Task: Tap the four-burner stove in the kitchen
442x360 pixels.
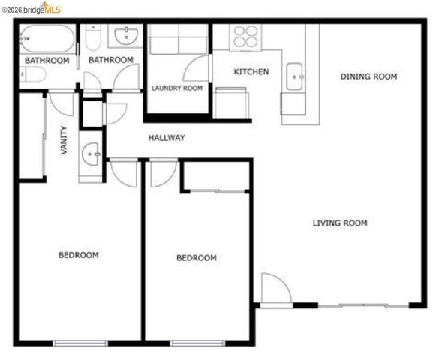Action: pos(244,37)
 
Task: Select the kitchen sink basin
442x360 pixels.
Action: pos(295,73)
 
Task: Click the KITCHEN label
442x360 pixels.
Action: pos(251,72)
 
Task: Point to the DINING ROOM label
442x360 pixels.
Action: pos(368,76)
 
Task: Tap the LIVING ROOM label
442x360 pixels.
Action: pos(340,223)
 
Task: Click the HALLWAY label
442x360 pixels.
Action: pos(166,138)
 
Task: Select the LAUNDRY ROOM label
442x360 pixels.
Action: pos(177,88)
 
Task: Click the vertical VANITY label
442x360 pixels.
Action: pos(63,140)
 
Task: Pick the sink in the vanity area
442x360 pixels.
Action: pos(91,154)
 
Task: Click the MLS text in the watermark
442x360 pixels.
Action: pos(53,7)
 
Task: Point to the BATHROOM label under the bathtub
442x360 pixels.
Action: pos(47,60)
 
